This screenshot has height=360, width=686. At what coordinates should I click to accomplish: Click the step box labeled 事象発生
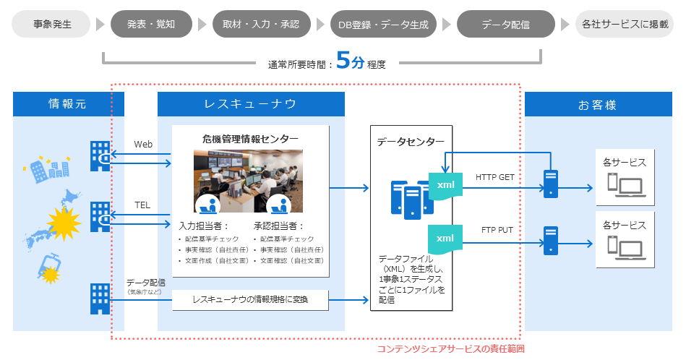[51, 24]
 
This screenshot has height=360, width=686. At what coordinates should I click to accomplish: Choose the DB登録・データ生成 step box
[383, 24]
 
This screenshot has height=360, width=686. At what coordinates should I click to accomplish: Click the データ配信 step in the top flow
[505, 24]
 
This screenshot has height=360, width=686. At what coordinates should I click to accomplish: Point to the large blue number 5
[343, 61]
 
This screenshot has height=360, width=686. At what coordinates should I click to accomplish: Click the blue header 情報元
[67, 104]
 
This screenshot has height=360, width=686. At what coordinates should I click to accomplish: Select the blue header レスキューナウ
[251, 104]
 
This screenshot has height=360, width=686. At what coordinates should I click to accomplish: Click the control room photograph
[248, 181]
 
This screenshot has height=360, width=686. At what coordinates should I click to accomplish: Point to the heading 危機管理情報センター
[251, 138]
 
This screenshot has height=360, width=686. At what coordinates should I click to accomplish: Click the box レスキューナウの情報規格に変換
[251, 299]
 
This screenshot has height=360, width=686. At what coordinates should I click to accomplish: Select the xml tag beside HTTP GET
[445, 185]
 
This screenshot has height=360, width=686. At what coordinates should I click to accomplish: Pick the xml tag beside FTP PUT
[445, 238]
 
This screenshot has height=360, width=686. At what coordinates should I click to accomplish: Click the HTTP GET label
[494, 177]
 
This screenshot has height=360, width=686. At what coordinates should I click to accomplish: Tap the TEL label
[142, 205]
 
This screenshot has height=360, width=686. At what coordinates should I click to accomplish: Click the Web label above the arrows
[143, 145]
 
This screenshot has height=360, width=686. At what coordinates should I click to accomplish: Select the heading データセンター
[410, 142]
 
